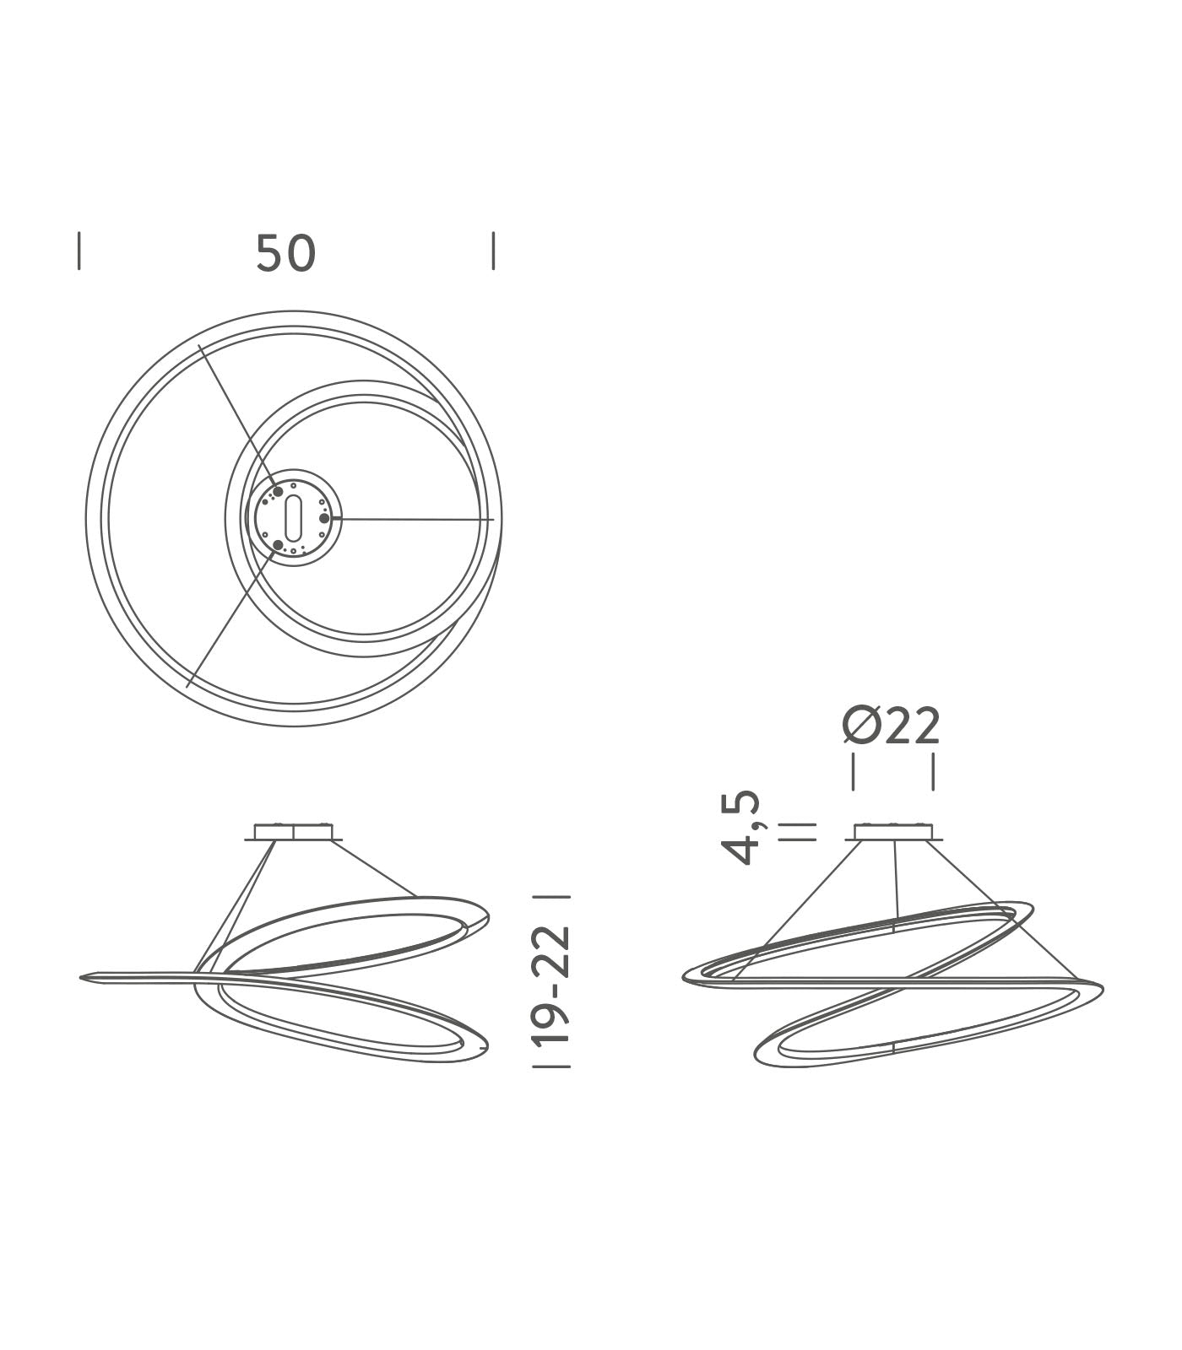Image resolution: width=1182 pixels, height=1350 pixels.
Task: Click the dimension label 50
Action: [285, 253]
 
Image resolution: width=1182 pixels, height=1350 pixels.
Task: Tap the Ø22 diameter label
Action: [892, 726]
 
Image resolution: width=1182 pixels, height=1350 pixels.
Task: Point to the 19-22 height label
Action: [553, 984]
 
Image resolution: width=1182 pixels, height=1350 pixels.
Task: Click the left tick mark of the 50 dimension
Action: [79, 251]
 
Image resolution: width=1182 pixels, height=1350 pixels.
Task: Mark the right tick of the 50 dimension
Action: [493, 251]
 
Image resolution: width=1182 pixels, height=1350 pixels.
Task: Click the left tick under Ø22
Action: [854, 772]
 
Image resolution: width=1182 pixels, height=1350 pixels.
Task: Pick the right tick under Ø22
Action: [932, 772]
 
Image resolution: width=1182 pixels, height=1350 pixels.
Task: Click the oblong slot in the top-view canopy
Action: [293, 518]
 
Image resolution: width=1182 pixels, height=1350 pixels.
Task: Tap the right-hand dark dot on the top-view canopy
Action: [324, 518]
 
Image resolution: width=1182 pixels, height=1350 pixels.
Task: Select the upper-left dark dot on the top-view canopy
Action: [278, 491]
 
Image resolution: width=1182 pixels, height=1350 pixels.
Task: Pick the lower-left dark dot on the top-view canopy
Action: [279, 545]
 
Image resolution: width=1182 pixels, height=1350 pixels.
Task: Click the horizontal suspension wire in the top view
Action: [414, 518]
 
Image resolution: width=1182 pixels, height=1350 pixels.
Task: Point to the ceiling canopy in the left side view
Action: [293, 832]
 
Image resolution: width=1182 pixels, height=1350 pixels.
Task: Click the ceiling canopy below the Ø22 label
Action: [893, 832]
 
